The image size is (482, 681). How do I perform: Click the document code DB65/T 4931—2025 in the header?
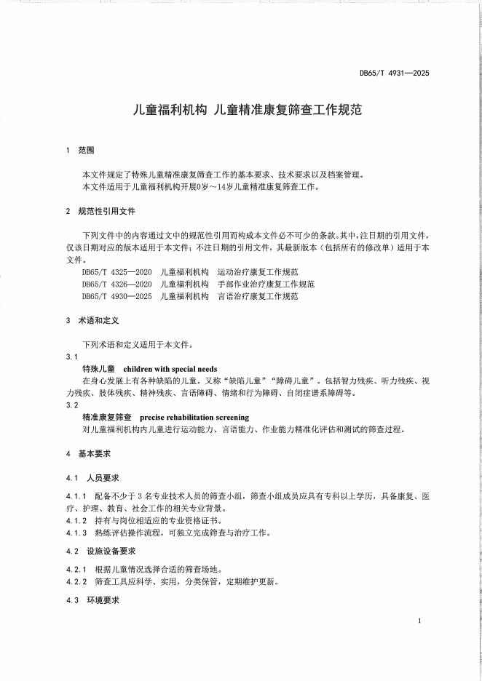point(395,73)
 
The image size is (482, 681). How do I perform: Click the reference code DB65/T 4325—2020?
point(116,271)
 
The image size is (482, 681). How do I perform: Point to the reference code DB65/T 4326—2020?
point(116,284)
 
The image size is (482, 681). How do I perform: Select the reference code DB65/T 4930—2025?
point(116,296)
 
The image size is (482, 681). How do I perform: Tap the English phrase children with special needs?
point(170,369)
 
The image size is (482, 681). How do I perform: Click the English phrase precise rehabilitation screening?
point(194,418)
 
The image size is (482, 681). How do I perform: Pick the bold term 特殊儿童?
point(100,369)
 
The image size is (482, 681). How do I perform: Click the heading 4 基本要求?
point(88,453)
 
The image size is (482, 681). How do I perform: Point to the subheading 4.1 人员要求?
point(91,478)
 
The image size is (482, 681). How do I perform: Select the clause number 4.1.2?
point(76,521)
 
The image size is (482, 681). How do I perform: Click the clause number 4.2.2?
point(76,581)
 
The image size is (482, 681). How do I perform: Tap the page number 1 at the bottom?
point(421,621)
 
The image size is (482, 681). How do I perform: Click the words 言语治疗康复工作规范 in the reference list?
point(259,296)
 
